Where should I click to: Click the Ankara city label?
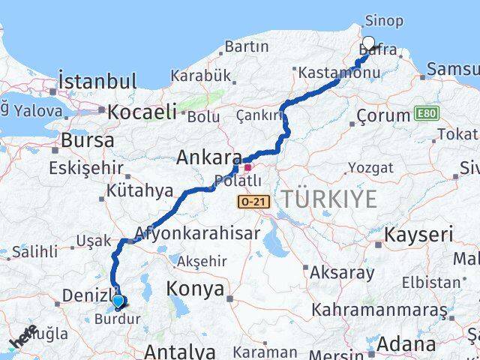click(208, 158)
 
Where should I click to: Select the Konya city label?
click(195, 289)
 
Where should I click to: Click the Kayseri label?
click(418, 235)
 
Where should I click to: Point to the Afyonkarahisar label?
click(198, 232)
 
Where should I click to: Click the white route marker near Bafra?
click(368, 43)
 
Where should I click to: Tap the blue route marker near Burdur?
click(118, 302)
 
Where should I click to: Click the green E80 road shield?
click(425, 115)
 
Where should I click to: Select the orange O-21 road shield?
click(251, 202)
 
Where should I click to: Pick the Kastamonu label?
click(328, 73)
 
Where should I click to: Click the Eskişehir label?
click(79, 167)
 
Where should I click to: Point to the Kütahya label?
click(139, 190)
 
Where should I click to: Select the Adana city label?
click(407, 344)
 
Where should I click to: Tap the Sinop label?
click(383, 21)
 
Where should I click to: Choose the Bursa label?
click(88, 139)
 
